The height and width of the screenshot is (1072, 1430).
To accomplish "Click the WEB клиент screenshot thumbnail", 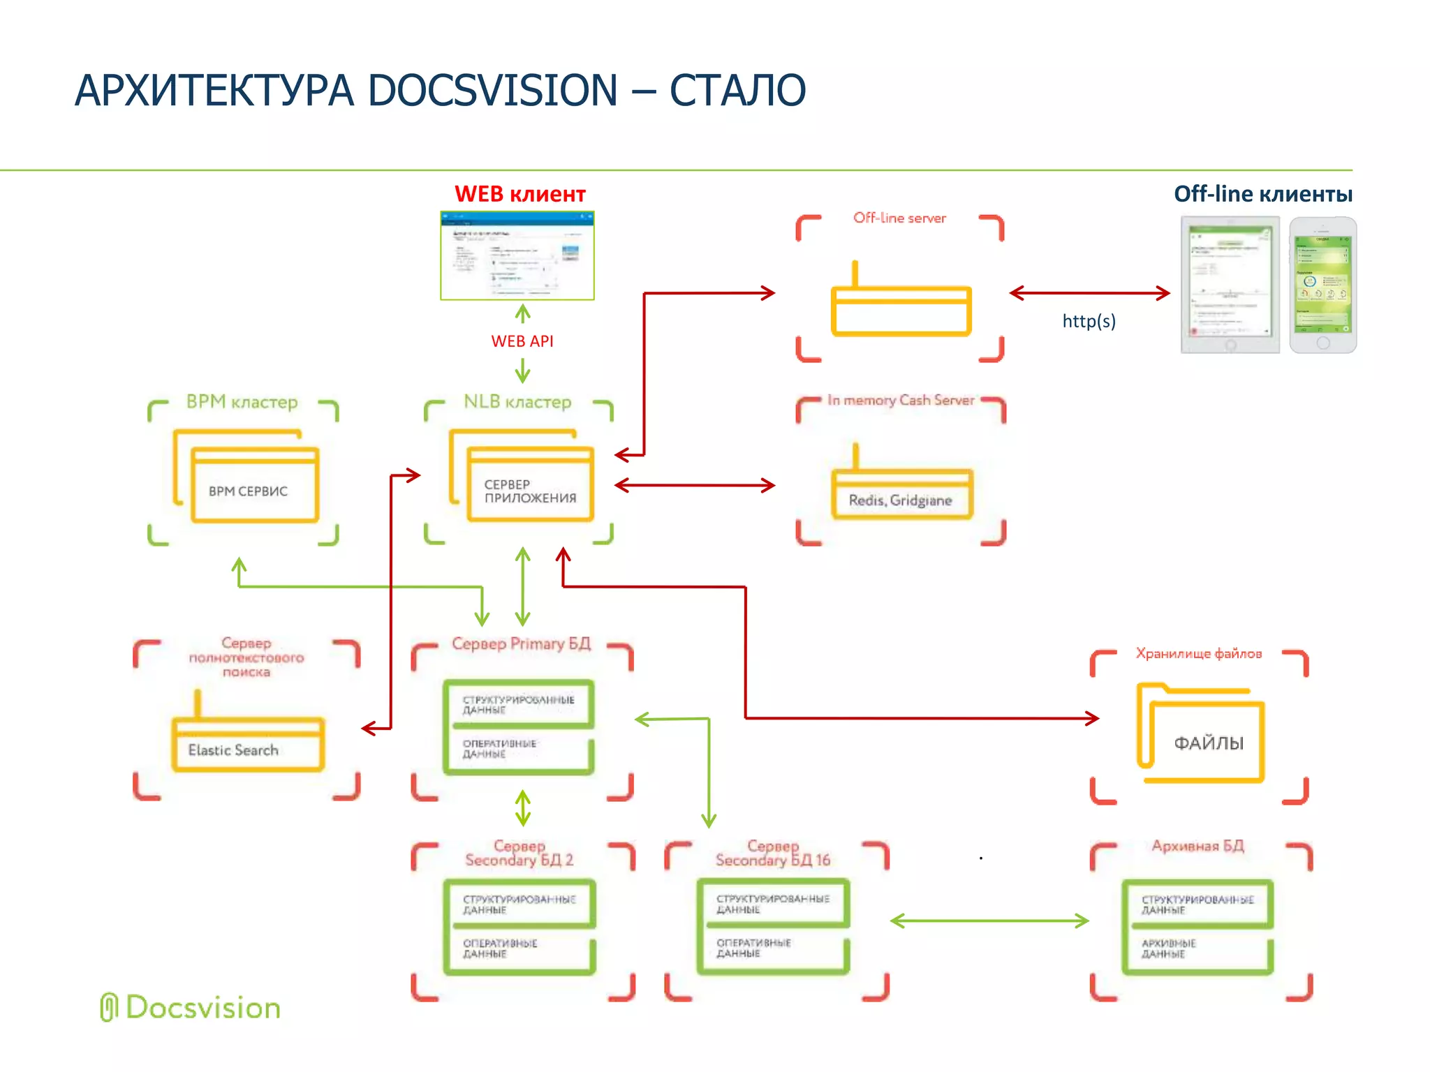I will tap(517, 255).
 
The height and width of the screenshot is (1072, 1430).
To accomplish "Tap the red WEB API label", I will tap(522, 341).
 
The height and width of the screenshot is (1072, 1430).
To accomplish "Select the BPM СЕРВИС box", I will tap(253, 486).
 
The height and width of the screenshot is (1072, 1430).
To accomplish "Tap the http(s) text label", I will tap(1089, 321).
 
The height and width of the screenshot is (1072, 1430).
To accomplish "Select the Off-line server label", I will tap(899, 218).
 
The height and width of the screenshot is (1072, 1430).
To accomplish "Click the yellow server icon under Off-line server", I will tap(901, 307).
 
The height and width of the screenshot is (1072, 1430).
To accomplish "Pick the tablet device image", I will tap(1230, 285).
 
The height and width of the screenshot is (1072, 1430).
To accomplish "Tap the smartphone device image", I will tap(1322, 285).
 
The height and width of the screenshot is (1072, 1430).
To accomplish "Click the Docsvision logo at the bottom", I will tap(191, 1008).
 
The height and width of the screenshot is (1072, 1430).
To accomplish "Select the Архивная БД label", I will tap(1197, 846).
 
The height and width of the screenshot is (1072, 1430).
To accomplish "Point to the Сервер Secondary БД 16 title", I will tap(773, 854).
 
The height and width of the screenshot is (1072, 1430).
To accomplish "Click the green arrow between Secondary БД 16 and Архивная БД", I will tap(989, 921).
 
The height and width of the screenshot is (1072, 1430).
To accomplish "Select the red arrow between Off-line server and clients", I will tap(1089, 293).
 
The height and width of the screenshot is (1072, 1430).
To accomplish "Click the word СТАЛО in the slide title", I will tap(737, 91).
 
